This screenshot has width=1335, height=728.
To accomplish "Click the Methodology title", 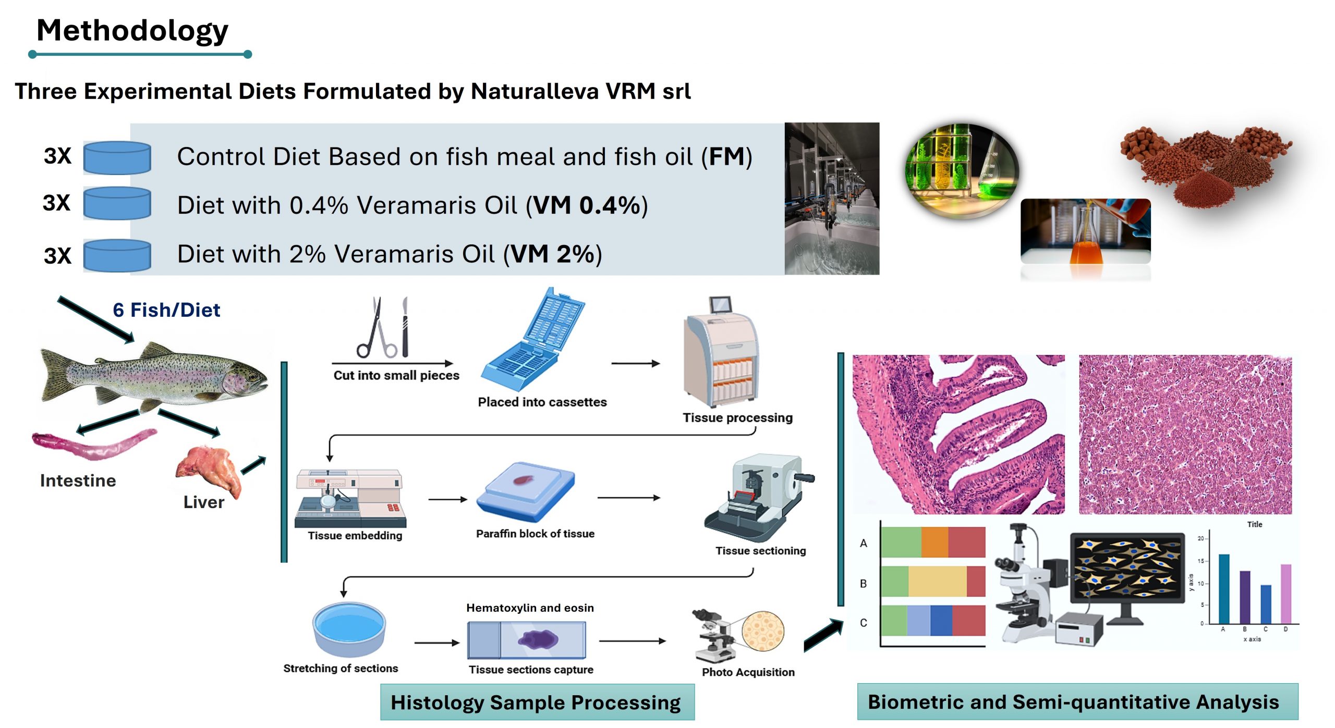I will pos(132,30).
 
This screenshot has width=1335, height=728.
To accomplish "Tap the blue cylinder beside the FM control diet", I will pos(117,157).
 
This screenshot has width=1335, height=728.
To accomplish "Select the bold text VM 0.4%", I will pos(587,205).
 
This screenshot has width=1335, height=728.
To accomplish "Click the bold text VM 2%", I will pos(553,254).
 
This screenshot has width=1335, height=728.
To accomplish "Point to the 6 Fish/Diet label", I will pos(166,310).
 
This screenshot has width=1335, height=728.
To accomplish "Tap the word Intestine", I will pos(78,480).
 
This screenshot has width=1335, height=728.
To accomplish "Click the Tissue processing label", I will pos(737,418).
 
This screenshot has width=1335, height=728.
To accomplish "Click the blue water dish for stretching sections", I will pos(348,627).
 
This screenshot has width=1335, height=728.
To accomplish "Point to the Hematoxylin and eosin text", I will pos(530,608).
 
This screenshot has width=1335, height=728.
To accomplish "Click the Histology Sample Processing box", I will pos(537,702).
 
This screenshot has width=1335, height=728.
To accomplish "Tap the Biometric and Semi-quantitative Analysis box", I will pos(1077,702).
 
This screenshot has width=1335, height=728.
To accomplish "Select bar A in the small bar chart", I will pos(1223,589).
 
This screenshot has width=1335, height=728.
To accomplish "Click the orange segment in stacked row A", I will pos(934,542).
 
